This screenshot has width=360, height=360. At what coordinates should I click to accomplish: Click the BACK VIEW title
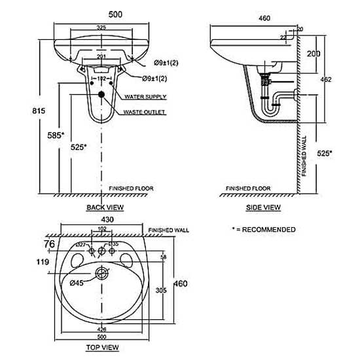tap(105, 207)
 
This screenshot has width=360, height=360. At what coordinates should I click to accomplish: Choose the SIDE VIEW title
tap(264, 207)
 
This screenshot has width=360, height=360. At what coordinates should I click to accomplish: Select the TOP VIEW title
tap(103, 346)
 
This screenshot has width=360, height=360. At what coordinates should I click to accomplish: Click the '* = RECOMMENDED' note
tap(263, 230)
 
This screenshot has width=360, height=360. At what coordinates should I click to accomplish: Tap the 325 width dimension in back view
tap(102, 27)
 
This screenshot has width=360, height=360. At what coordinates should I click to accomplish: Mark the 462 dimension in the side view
tap(325, 79)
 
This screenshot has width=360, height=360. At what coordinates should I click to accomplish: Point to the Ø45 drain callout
tap(77, 283)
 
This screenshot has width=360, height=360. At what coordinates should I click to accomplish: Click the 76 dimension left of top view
tap(49, 244)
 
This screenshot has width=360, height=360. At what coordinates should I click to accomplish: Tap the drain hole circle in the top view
tap(101, 272)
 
